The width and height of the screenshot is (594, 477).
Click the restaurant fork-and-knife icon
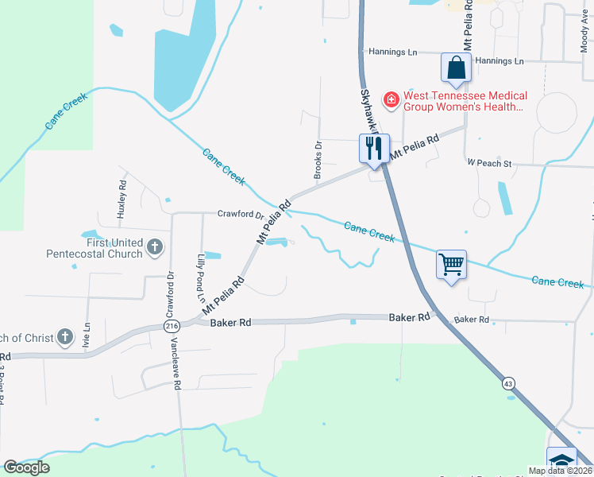coord(372,148)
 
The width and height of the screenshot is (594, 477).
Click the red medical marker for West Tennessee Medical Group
coord(391,100)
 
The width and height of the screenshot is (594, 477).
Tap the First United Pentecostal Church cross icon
coord(155,248)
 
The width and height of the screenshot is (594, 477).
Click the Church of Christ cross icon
coord(64,337)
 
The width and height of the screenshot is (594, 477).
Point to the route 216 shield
coord(172,326)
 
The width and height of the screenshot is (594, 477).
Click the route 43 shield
coord(507,383)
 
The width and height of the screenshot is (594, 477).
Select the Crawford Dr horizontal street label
coord(241,215)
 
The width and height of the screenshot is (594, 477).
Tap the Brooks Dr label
coord(318,159)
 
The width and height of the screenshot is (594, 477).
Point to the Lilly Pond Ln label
coord(201,273)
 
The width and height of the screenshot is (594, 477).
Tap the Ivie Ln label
coord(87,333)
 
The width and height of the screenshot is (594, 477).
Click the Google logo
coord(26,467)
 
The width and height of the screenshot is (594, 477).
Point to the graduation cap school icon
coord(561,460)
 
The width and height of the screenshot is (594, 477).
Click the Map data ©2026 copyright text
coord(561,471)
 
